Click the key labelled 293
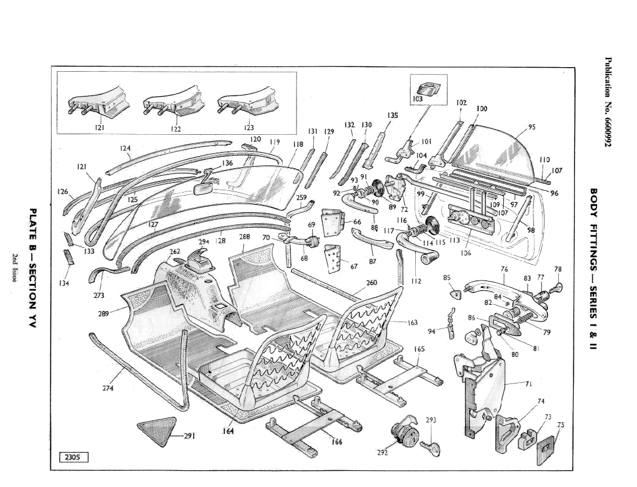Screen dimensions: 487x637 431,446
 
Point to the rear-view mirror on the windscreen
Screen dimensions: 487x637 204,189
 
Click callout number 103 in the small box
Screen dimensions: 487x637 418,99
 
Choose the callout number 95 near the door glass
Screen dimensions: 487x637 532,128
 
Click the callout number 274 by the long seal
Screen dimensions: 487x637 108,388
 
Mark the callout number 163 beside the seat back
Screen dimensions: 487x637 412,323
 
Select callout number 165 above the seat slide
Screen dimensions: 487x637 419,349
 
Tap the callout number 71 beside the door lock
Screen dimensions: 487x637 528,383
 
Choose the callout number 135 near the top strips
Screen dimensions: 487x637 393,115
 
